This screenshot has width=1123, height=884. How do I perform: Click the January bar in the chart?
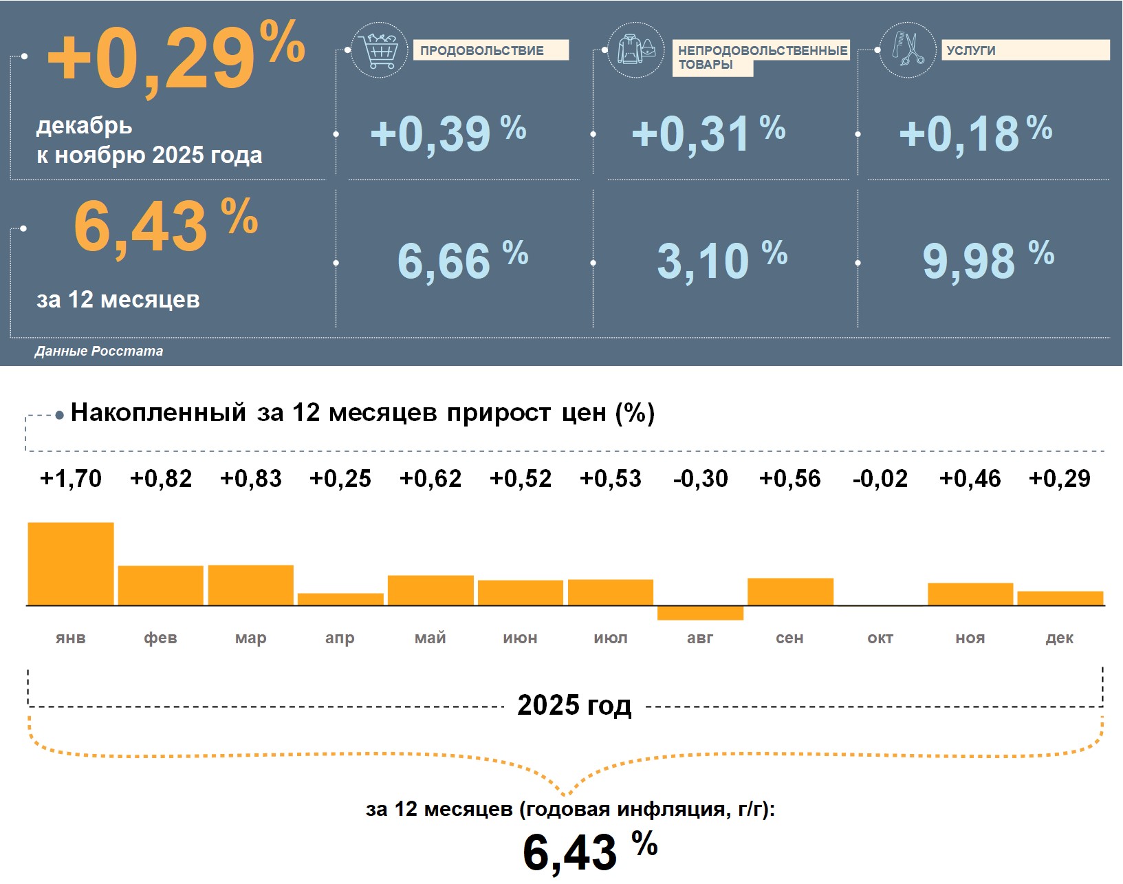coord(71,564)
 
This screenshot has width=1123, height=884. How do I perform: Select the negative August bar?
coord(700,613)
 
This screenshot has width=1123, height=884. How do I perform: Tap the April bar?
coord(340,599)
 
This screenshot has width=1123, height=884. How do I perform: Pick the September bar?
coord(790,592)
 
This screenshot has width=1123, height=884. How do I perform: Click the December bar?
coord(1060,599)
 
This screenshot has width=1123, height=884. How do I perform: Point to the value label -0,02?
coord(880,479)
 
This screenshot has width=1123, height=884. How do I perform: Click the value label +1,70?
coord(71,479)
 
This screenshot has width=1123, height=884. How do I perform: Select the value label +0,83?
coord(251,479)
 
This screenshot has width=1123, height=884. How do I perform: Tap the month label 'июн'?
coord(520,638)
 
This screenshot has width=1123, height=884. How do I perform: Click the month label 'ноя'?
coord(970,638)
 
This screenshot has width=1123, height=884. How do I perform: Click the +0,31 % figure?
coord(708,133)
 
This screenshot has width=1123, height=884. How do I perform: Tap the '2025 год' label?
coord(574,706)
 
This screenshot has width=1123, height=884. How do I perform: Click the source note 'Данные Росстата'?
coord(99,352)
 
